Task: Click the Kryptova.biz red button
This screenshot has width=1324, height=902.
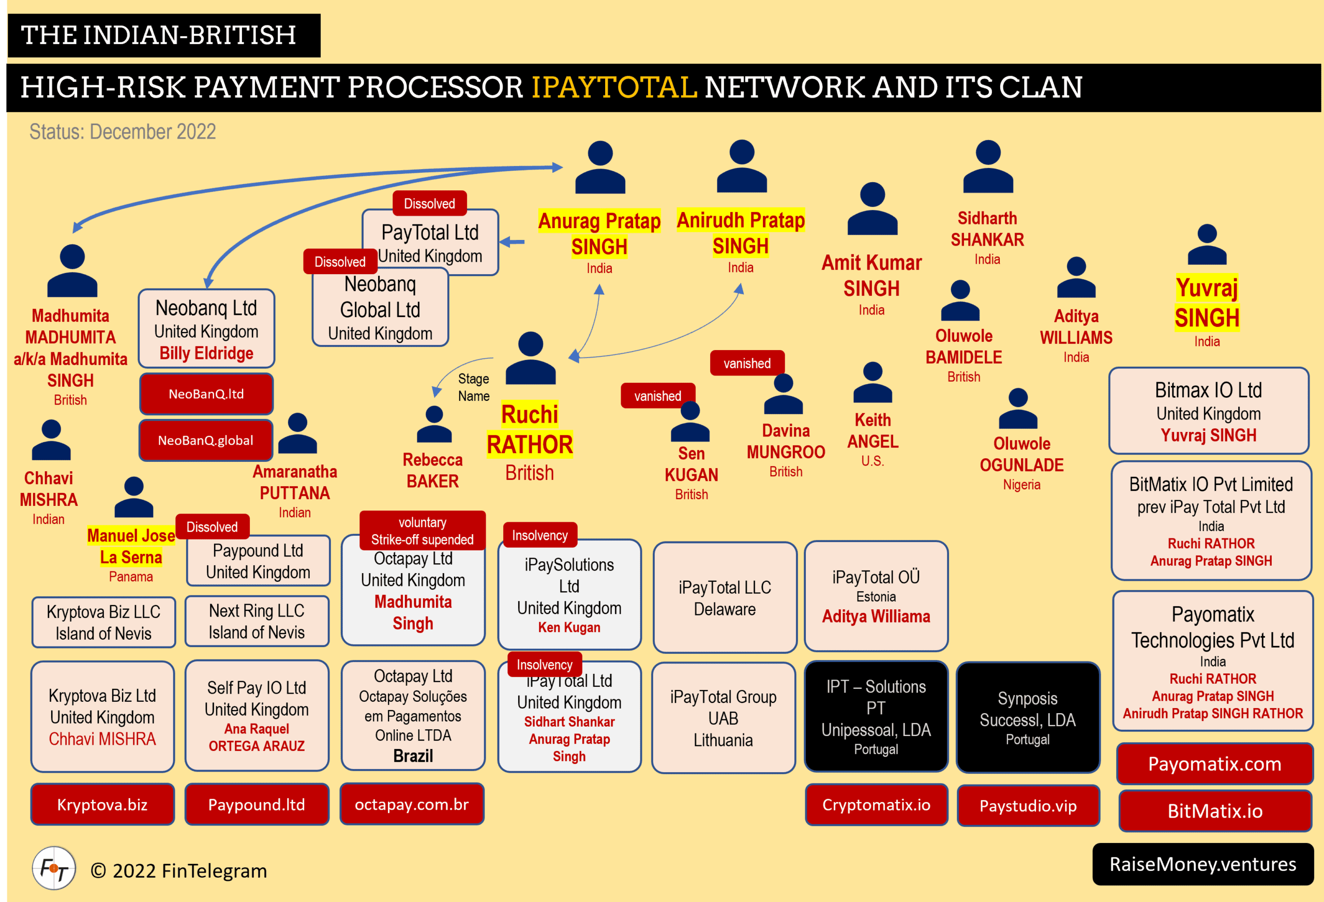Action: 102,804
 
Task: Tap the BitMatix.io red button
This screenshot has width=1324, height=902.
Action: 1215,810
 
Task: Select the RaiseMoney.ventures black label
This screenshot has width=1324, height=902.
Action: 1202,864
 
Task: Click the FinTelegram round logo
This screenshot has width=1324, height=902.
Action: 54,868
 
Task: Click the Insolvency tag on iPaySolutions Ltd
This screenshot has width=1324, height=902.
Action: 539,535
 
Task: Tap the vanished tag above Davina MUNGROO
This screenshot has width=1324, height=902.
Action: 747,363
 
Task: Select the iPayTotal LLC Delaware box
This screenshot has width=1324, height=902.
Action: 725,597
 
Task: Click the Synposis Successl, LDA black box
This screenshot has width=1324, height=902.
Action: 1027,717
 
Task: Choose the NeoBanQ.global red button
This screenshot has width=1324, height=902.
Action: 206,440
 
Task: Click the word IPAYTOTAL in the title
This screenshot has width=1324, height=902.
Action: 614,87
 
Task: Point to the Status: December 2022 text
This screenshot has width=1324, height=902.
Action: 123,131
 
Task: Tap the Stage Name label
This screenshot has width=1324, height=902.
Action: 473,387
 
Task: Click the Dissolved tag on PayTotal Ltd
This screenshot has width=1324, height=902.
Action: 430,203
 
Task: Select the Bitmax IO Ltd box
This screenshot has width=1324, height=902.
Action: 1208,411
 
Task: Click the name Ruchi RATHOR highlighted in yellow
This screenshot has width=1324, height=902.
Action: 530,430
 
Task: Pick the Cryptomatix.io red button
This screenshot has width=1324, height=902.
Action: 876,804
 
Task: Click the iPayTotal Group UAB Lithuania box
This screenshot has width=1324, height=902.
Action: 723,717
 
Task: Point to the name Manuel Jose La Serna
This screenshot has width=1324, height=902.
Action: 131,546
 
